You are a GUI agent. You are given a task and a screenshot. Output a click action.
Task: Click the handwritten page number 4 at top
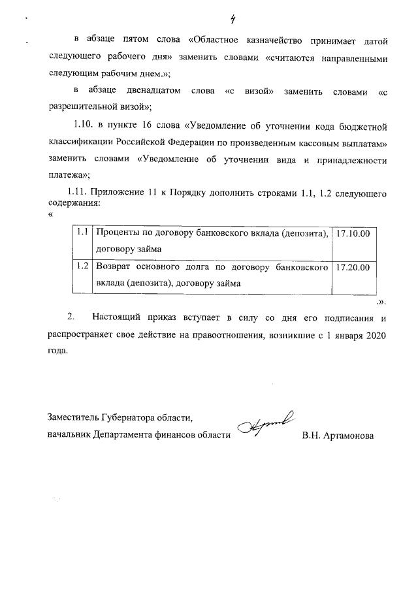[x=224, y=18]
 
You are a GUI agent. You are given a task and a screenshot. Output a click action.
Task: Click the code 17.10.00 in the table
[x=353, y=233]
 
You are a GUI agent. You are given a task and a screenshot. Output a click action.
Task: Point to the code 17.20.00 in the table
[x=353, y=267]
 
